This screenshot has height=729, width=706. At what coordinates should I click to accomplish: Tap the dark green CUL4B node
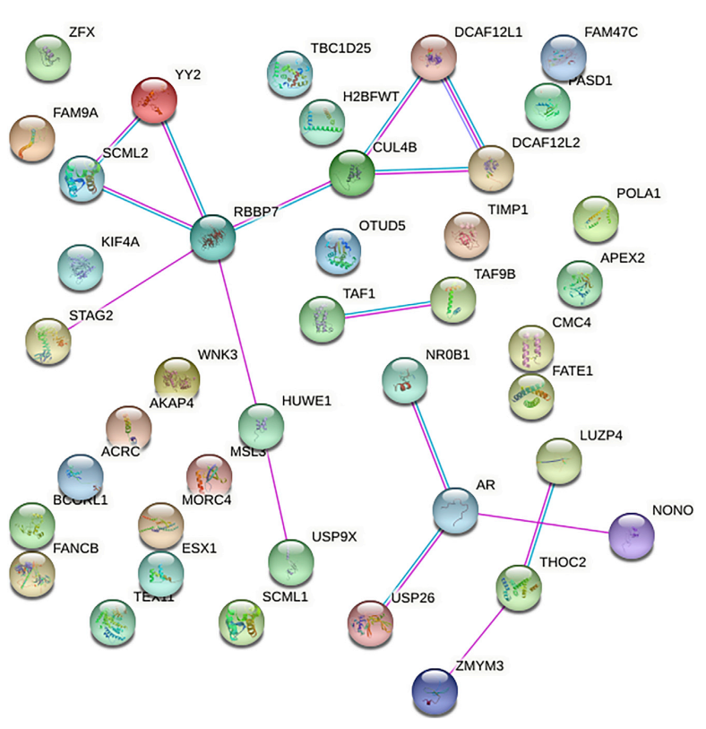pyautogui.click(x=351, y=172)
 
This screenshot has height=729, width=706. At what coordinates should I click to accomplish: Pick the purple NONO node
pyautogui.click(x=632, y=536)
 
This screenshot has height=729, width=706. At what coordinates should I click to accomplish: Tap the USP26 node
pyautogui.click(x=370, y=623)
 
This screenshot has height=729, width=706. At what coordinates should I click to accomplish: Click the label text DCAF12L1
pyautogui.click(x=487, y=32)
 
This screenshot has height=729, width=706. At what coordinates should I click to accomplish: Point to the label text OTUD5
pyautogui.click(x=382, y=225)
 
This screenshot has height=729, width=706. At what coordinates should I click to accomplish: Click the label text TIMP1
pyautogui.click(x=509, y=209)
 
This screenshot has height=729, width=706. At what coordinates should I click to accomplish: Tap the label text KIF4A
pyautogui.click(x=120, y=242)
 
